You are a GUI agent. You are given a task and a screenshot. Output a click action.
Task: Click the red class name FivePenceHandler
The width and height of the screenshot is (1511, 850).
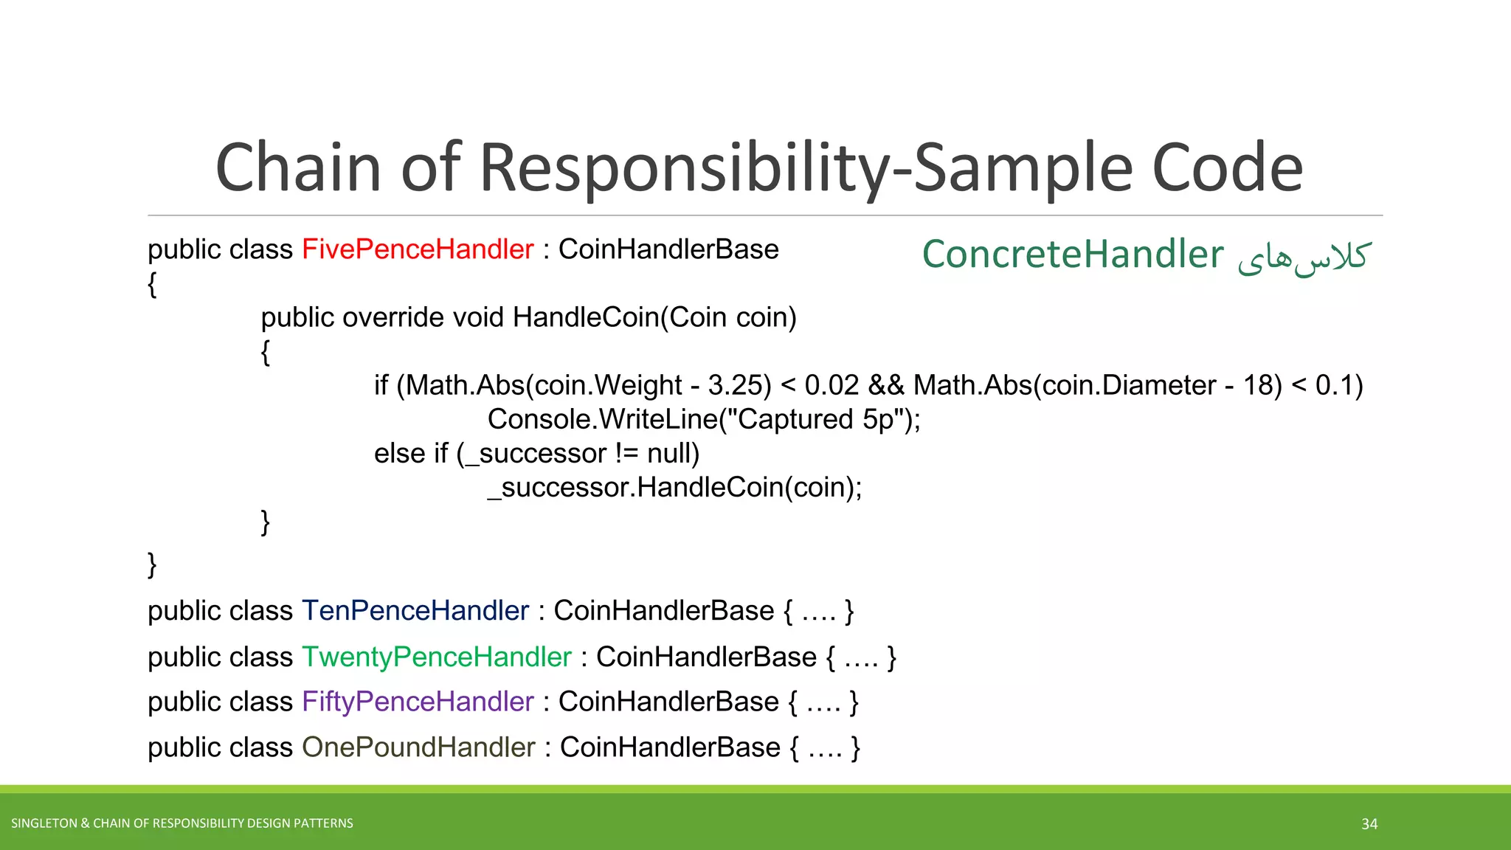click(418, 249)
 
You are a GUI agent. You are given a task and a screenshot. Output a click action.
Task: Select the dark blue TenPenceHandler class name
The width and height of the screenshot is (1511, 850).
click(415, 611)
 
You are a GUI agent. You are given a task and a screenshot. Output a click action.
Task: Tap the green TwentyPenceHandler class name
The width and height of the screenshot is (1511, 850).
click(437, 657)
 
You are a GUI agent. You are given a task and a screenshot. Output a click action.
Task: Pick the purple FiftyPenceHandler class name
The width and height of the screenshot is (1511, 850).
click(418, 702)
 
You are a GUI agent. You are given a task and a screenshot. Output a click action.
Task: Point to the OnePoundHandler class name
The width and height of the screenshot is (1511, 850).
click(418, 747)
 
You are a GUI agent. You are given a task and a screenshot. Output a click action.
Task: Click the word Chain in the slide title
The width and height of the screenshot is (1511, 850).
click(298, 168)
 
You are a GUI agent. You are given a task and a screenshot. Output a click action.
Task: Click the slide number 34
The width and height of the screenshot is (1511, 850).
click(1369, 823)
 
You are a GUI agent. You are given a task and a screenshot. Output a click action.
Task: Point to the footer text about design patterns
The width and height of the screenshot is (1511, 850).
click(182, 823)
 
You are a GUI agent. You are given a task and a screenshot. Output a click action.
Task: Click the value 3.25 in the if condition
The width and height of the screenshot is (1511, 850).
click(734, 385)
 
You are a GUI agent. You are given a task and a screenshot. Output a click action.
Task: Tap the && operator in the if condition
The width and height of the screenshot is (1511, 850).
click(886, 385)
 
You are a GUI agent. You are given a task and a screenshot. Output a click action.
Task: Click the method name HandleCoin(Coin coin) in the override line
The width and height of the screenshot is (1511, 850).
click(654, 317)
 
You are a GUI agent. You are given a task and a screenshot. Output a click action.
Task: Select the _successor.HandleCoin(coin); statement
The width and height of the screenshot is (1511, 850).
click(674, 487)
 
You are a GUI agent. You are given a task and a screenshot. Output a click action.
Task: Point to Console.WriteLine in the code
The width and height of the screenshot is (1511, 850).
click(602, 419)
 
